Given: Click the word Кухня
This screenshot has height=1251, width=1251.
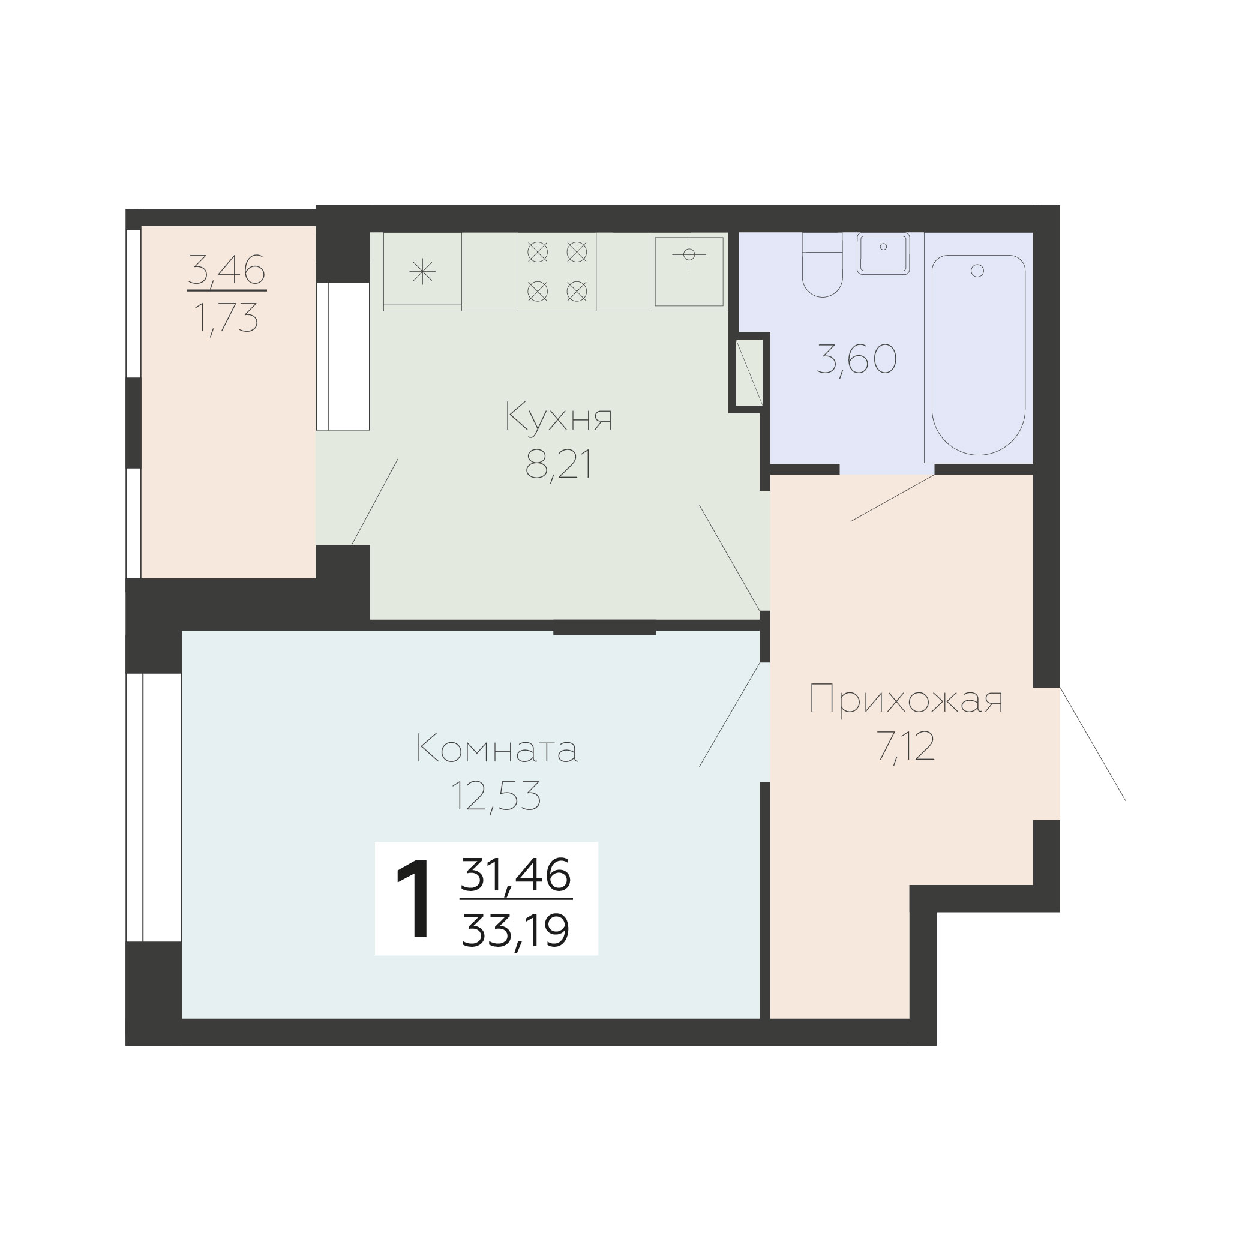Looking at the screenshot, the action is [x=559, y=417].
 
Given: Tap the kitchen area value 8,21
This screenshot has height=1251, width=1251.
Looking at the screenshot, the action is [x=559, y=466].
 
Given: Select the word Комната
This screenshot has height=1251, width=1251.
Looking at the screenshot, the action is [x=497, y=749].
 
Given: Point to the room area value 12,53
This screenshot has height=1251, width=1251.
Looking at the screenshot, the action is [x=496, y=796].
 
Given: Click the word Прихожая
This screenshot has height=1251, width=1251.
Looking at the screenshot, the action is [x=906, y=700].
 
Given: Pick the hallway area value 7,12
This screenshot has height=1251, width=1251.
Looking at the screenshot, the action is [x=906, y=748].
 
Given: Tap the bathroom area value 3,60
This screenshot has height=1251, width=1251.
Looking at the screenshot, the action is [x=856, y=359].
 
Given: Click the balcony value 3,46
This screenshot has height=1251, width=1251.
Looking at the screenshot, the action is [x=227, y=270].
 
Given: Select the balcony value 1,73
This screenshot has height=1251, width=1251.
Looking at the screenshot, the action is [x=227, y=318].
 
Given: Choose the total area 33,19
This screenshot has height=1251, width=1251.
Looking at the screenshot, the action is [x=516, y=931].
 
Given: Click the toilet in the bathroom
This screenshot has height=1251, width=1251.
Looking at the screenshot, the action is [x=823, y=265].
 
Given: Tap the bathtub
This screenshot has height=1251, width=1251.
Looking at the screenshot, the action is [x=979, y=354].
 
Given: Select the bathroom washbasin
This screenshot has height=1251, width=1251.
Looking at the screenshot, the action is [x=883, y=253].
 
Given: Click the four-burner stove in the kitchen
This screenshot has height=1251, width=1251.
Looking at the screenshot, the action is [x=557, y=271].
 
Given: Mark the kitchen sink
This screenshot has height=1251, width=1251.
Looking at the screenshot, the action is [x=689, y=271].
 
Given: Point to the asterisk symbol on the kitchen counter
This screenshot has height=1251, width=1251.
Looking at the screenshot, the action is [x=422, y=271].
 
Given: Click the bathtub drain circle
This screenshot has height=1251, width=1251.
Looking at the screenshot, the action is [x=978, y=271].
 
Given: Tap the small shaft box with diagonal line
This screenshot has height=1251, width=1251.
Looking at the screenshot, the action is [x=749, y=373].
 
